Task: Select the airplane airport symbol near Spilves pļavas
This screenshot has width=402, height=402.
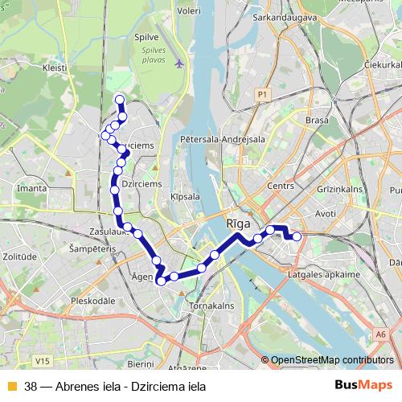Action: [x=178, y=62]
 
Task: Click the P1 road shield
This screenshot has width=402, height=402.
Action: [x=261, y=95]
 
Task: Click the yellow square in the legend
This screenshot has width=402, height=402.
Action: [x=11, y=386]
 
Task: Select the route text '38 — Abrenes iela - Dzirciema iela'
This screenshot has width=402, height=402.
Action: [x=115, y=386]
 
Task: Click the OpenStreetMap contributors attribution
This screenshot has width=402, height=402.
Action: [x=331, y=360]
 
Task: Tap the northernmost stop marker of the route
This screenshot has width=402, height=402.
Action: [x=120, y=100]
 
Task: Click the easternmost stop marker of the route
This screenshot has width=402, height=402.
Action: [x=297, y=236]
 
